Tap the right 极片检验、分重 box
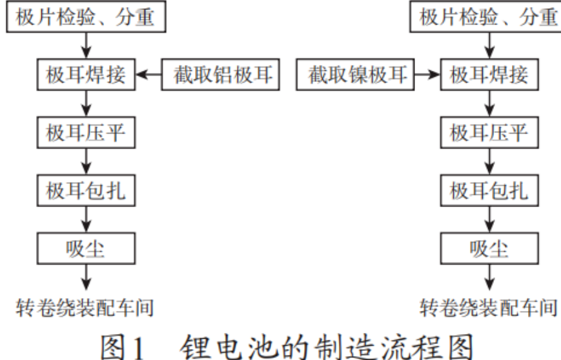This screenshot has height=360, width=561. pos(486,17)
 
